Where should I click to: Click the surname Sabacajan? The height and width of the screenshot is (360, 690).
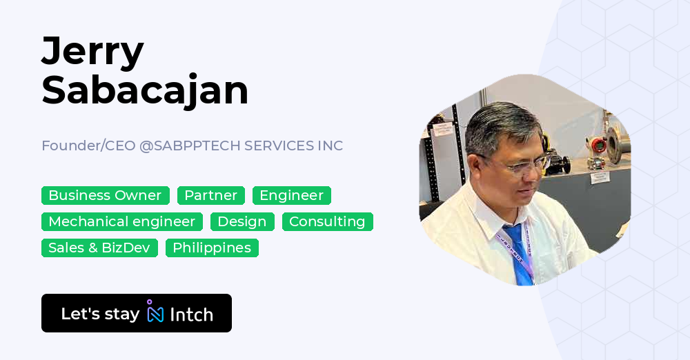(145, 90)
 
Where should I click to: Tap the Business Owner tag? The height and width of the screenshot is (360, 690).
(105, 196)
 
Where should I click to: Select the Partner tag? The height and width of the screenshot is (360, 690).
(210, 196)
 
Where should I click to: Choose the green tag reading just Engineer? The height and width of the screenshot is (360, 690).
(291, 196)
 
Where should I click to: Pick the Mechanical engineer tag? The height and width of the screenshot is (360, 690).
(121, 222)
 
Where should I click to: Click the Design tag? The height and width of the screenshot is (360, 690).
(242, 222)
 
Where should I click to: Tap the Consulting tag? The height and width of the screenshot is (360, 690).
(327, 222)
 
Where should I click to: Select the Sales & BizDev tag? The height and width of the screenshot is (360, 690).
(99, 248)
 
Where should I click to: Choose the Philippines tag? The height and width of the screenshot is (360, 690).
(212, 248)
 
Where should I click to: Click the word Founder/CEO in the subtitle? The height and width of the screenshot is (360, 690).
(88, 146)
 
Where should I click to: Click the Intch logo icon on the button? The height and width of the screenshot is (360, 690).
(155, 312)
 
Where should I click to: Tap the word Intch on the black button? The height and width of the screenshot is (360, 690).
(191, 314)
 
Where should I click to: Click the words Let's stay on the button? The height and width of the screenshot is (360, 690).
(100, 314)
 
